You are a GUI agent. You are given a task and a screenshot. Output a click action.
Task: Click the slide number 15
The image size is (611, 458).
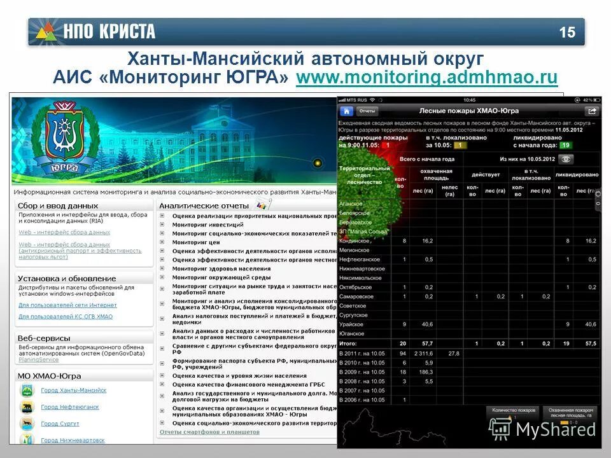click(567, 32)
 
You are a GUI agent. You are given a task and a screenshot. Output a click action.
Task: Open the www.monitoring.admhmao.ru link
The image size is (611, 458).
click(426, 78)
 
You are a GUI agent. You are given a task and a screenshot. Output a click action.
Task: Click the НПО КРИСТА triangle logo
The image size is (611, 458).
click(45, 31)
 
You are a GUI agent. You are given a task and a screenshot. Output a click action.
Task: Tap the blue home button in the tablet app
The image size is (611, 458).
click(347, 111)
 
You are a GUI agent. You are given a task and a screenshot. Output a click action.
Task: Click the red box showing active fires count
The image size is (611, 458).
click(385, 145)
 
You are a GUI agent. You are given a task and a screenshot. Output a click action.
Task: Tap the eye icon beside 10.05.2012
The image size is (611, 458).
click(566, 159)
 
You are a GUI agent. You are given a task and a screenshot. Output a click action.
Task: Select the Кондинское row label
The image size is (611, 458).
click(355, 241)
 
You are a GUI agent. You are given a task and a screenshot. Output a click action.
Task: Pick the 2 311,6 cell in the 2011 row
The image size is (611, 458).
click(423, 353)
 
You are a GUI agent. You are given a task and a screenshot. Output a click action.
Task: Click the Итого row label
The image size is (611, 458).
click(349, 343)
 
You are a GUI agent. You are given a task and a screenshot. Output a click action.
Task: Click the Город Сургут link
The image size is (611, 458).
click(60, 424)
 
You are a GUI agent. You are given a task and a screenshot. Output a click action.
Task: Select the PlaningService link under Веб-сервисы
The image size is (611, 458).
click(39, 359)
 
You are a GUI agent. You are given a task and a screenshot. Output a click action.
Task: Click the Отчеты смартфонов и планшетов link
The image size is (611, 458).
click(209, 432)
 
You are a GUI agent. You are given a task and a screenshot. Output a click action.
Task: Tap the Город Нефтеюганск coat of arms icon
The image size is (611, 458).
click(27, 407)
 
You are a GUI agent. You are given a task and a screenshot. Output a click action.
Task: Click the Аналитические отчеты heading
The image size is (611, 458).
click(195, 205)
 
